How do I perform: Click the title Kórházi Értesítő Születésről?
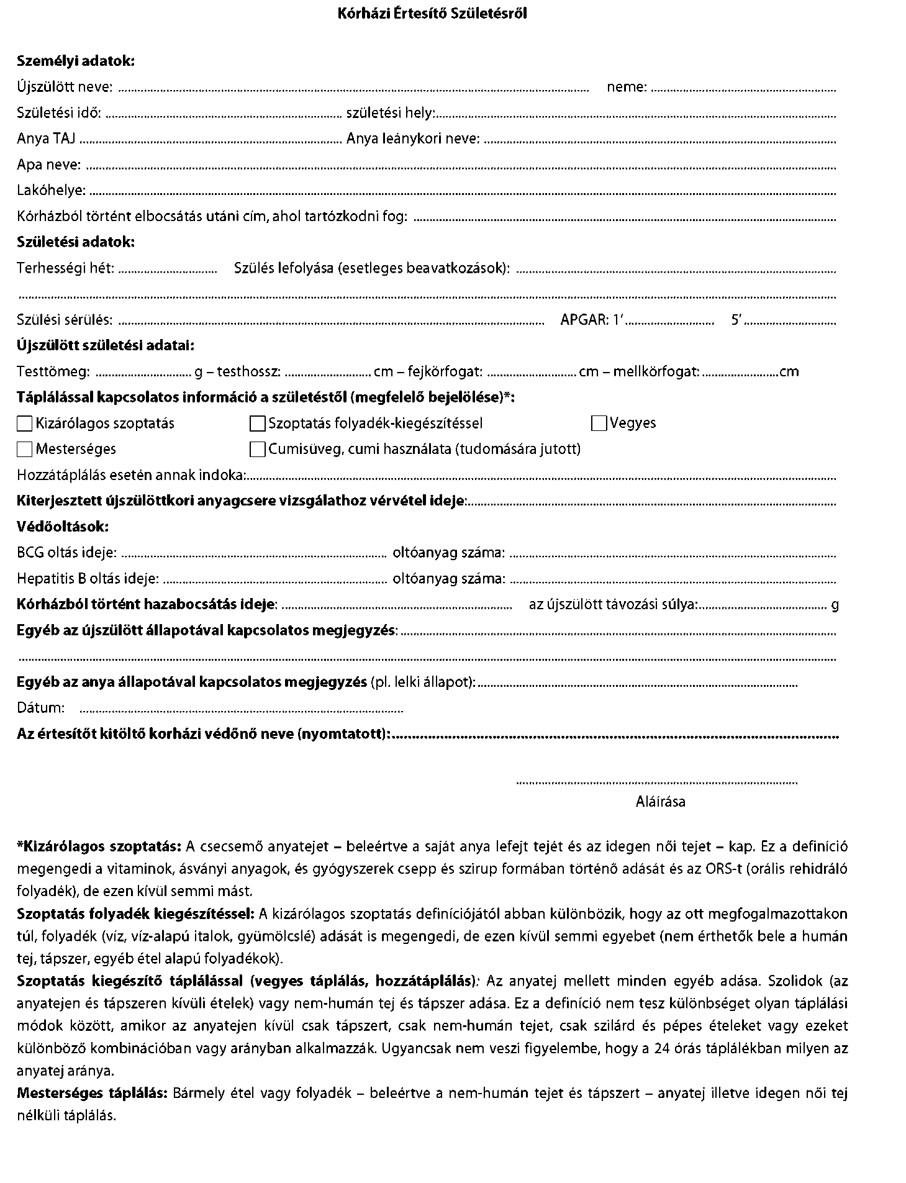tap(432, 14)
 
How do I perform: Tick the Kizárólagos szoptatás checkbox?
tap(25, 424)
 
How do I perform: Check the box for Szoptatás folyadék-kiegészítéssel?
tap(257, 424)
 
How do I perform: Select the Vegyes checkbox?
tap(599, 424)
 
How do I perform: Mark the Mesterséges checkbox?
tap(25, 449)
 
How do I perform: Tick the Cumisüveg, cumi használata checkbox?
tap(257, 449)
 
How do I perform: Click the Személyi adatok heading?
tap(75, 61)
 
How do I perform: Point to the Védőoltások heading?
tap(63, 527)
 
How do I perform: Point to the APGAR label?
tap(584, 320)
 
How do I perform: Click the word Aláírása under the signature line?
tap(660, 802)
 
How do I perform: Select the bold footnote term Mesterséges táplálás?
tap(92, 1093)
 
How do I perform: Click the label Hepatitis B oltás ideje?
tap(88, 579)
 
